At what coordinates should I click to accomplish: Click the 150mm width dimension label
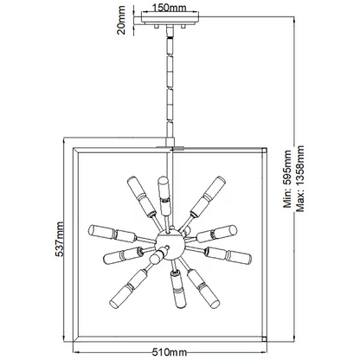pos(170,7)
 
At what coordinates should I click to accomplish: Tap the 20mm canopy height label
pos(121,20)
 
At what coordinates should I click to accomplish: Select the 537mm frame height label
pos(59,239)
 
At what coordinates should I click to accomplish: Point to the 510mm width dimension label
pos(170,352)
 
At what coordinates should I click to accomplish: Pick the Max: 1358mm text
pos(299,179)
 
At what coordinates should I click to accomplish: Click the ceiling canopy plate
pos(170,21)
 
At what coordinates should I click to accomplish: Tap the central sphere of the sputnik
pos(170,244)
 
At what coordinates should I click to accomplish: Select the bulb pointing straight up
pos(164,196)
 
